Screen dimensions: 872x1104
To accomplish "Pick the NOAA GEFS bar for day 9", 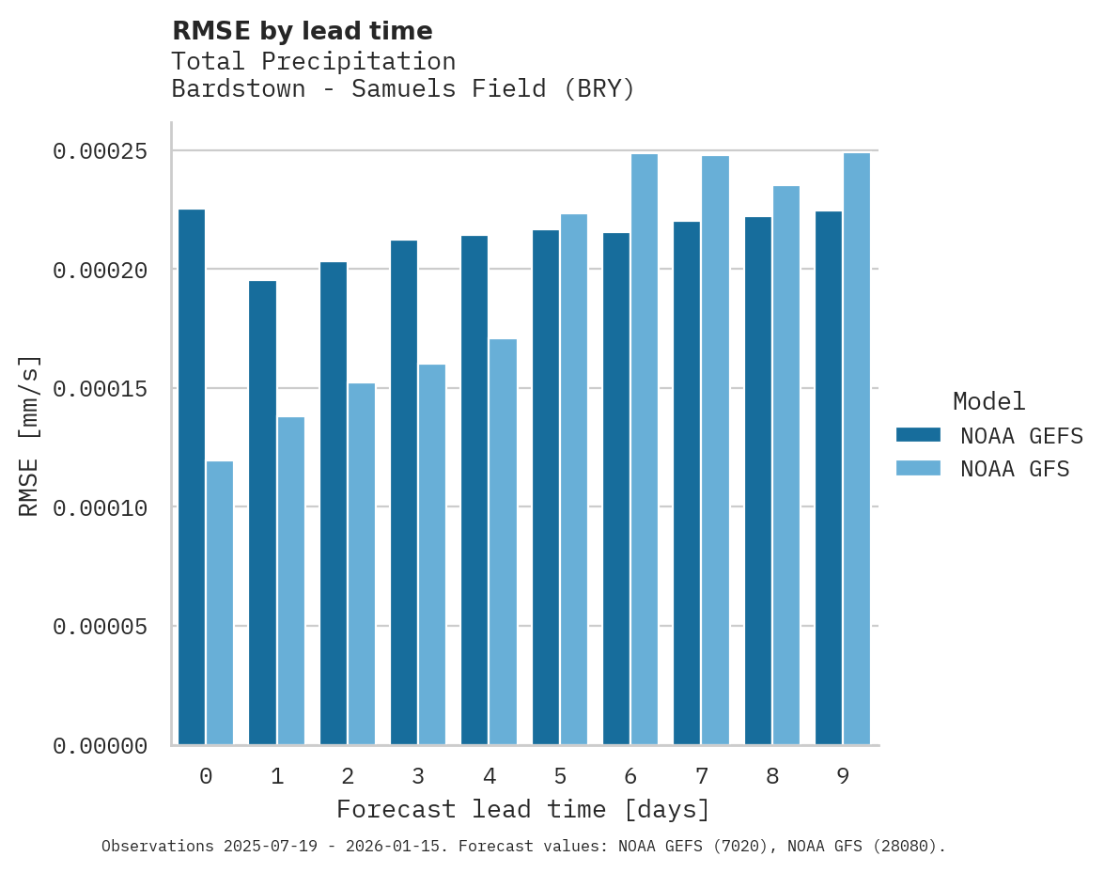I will pyautogui.click(x=829, y=478).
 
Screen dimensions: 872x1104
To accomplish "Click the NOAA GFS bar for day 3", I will pyautogui.click(x=432, y=554).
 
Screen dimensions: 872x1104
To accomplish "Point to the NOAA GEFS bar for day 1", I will pyautogui.click(x=262, y=513).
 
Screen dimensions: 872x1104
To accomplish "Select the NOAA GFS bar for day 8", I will pyautogui.click(x=786, y=465).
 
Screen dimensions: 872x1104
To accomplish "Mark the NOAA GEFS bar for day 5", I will pyautogui.click(x=546, y=488).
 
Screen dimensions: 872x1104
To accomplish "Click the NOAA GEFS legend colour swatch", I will pyautogui.click(x=918, y=434).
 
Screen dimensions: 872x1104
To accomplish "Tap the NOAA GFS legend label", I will pyautogui.click(x=1015, y=469).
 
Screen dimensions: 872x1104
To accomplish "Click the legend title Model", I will pyautogui.click(x=988, y=401).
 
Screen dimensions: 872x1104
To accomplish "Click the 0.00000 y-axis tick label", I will pyautogui.click(x=100, y=746).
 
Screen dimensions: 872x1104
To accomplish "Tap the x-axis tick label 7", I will pyautogui.click(x=702, y=776).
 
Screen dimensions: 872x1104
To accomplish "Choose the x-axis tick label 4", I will pyautogui.click(x=490, y=776).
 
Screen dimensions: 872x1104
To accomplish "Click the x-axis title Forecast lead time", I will pyautogui.click(x=523, y=809).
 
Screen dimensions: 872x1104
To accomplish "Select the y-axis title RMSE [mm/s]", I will pyautogui.click(x=30, y=434).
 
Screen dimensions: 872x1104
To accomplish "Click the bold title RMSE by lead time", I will pyautogui.click(x=302, y=31).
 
